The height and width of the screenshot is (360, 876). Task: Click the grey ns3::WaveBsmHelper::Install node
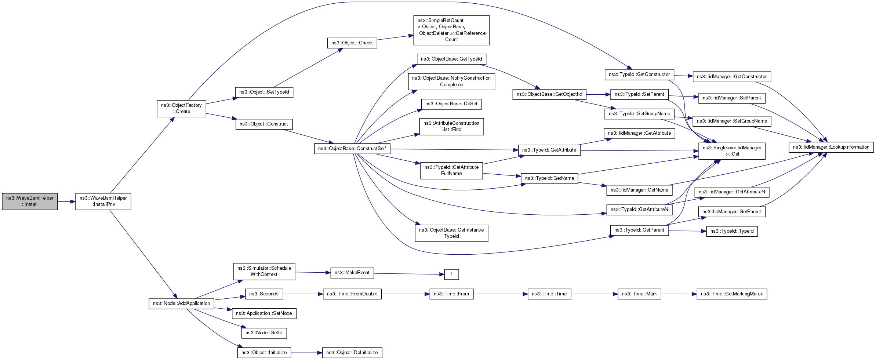point(30,201)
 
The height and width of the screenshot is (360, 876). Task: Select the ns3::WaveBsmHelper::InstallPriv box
point(103,201)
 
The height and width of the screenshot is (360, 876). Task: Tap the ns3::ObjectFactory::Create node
point(181,109)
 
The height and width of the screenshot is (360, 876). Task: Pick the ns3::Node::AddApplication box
point(181,304)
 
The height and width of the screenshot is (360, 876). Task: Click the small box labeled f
point(451,274)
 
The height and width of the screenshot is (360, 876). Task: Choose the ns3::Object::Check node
point(352,43)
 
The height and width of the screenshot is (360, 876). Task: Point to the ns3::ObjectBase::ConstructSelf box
point(352,149)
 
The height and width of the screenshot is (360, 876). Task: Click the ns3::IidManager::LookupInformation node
point(831,147)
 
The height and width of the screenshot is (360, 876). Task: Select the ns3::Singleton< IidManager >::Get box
point(732,151)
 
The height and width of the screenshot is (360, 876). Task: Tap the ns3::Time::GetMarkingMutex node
point(732,294)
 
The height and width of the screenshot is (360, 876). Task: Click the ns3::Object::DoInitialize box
point(352,353)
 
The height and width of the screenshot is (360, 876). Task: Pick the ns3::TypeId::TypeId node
point(732,231)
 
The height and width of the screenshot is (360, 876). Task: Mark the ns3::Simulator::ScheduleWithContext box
point(264,271)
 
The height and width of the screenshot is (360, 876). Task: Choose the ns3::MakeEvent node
point(352,273)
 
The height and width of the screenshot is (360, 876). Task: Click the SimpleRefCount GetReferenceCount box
point(451,30)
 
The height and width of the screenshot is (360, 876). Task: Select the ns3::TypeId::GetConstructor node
point(639,74)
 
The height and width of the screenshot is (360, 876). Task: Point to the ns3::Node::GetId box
point(264,333)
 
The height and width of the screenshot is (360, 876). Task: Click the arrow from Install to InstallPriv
point(66,201)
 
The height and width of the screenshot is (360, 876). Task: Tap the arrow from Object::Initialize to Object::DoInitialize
point(307,353)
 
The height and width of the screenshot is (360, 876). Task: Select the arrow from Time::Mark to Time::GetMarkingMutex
point(679,294)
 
